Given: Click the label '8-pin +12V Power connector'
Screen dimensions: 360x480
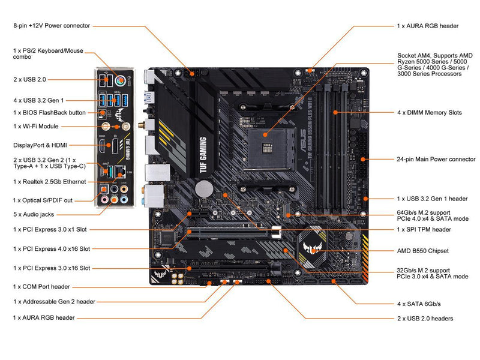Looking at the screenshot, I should [52, 26].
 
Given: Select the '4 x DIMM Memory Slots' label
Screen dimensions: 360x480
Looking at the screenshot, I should [429, 112].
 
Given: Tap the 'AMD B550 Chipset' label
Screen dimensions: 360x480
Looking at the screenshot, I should [422, 250].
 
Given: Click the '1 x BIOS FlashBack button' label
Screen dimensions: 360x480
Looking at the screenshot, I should [49, 112].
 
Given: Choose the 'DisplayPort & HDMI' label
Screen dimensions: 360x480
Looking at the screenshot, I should [40, 145].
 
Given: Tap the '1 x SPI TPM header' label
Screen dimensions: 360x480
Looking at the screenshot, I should [424, 229].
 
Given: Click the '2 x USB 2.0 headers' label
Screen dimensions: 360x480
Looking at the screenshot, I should [425, 319].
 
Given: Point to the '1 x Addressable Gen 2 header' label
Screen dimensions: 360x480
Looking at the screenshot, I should [54, 301].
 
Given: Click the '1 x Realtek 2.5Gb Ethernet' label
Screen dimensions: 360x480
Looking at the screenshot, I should [49, 181].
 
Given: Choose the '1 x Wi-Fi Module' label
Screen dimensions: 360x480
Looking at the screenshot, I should [35, 127].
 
